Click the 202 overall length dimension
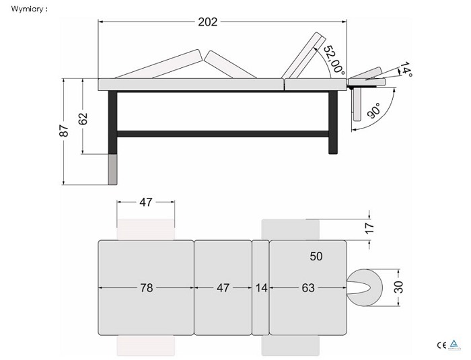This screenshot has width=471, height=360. (207, 22)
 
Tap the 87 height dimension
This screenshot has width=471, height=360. (64, 131)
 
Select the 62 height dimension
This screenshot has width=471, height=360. (83, 118)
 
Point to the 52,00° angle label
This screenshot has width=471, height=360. (334, 60)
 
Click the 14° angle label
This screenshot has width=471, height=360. (406, 69)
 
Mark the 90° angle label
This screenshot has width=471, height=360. (373, 110)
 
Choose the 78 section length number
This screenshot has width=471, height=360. (147, 288)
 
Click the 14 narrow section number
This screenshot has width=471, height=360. (261, 288)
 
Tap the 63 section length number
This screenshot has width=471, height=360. (308, 288)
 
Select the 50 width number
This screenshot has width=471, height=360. (316, 256)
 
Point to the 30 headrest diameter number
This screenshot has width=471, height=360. (399, 287)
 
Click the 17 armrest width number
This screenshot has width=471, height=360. (370, 228)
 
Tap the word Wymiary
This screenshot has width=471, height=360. (27, 9)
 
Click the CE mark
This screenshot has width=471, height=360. (441, 345)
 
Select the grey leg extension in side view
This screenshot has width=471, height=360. (112, 170)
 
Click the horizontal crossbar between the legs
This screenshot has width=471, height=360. (223, 134)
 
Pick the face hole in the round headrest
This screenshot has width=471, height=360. (360, 287)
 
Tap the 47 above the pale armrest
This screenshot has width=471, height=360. (146, 203)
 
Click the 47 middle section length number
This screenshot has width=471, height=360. (223, 288)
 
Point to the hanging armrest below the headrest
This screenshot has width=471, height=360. (357, 104)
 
